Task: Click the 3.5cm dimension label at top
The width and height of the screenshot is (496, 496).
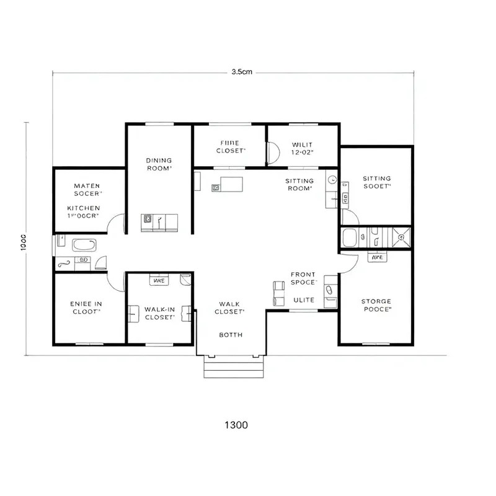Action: click(x=241, y=72)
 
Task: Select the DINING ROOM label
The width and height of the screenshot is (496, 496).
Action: click(x=159, y=164)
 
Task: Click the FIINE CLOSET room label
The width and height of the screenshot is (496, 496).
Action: click(x=230, y=147)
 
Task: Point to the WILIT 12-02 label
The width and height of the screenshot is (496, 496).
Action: click(x=303, y=148)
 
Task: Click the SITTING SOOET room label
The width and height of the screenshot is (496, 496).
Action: click(x=377, y=182)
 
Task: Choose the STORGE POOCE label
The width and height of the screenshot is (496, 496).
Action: click(x=376, y=305)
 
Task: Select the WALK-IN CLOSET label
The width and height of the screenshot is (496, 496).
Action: click(x=159, y=312)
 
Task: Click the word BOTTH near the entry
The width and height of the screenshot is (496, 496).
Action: click(x=231, y=335)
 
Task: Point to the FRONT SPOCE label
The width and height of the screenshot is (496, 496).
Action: click(x=303, y=278)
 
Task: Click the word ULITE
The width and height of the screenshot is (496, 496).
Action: click(x=304, y=300)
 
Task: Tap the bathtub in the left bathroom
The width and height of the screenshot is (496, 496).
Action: click(x=84, y=245)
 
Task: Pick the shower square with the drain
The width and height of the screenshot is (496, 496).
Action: click(x=401, y=236)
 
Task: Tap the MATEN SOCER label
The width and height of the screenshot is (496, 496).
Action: click(x=87, y=190)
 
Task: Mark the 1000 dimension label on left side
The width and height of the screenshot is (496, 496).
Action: click(x=23, y=242)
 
